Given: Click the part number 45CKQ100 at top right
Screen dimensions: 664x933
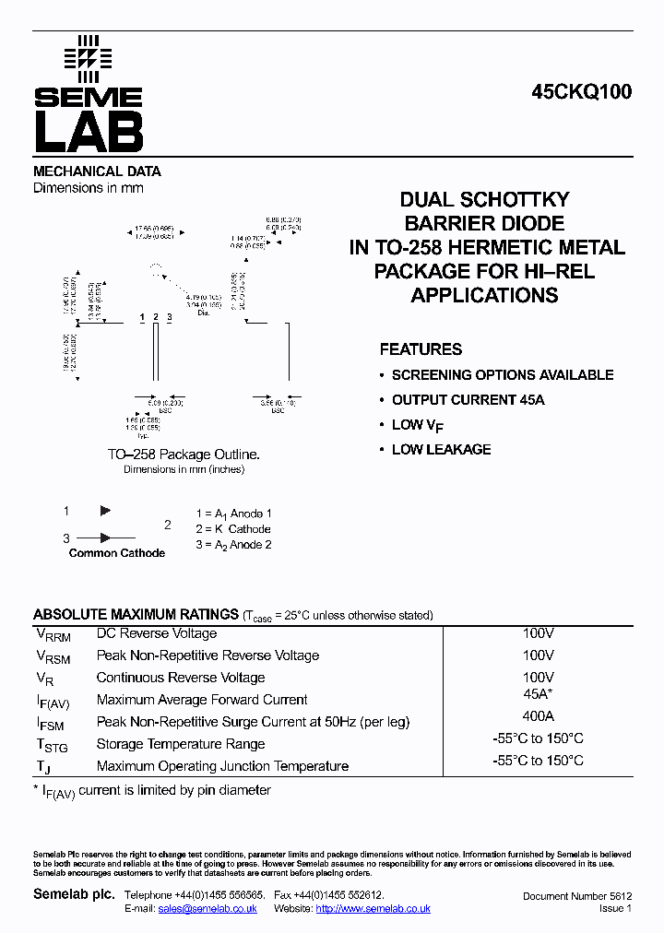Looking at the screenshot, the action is click(x=581, y=92).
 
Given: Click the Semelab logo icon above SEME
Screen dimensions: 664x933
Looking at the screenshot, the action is click(x=88, y=57).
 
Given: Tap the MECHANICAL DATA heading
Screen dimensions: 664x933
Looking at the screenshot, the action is click(x=97, y=171).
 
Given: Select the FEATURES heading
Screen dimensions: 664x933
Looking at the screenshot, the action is click(x=421, y=349).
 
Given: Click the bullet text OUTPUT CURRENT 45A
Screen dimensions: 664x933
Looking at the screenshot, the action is click(x=468, y=400).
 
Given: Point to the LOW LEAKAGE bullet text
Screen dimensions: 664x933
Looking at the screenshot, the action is click(x=441, y=450).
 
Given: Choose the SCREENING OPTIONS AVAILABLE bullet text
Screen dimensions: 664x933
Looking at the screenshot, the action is click(x=502, y=375).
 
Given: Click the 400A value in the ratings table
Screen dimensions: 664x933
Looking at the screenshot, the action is click(x=538, y=716).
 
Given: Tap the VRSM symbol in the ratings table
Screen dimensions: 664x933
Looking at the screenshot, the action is click(x=53, y=657).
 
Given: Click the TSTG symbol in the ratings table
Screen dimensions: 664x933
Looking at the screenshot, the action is click(x=52, y=746).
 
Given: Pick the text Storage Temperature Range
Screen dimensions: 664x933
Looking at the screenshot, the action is click(x=181, y=744).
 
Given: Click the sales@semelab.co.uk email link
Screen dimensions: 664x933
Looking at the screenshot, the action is click(x=207, y=909).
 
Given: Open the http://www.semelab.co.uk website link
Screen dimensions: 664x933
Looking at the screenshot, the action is click(x=373, y=909).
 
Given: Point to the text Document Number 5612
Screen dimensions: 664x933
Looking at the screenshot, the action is click(x=577, y=896).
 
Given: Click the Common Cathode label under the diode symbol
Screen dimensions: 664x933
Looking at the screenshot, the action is click(x=117, y=553).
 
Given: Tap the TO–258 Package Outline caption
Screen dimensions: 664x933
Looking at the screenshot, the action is click(x=184, y=455).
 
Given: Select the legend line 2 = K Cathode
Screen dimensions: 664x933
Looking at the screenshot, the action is click(x=233, y=529).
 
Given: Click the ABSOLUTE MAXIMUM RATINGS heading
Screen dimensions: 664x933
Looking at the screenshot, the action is click(x=136, y=615).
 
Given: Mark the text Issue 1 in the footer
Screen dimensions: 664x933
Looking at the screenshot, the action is click(x=615, y=909).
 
